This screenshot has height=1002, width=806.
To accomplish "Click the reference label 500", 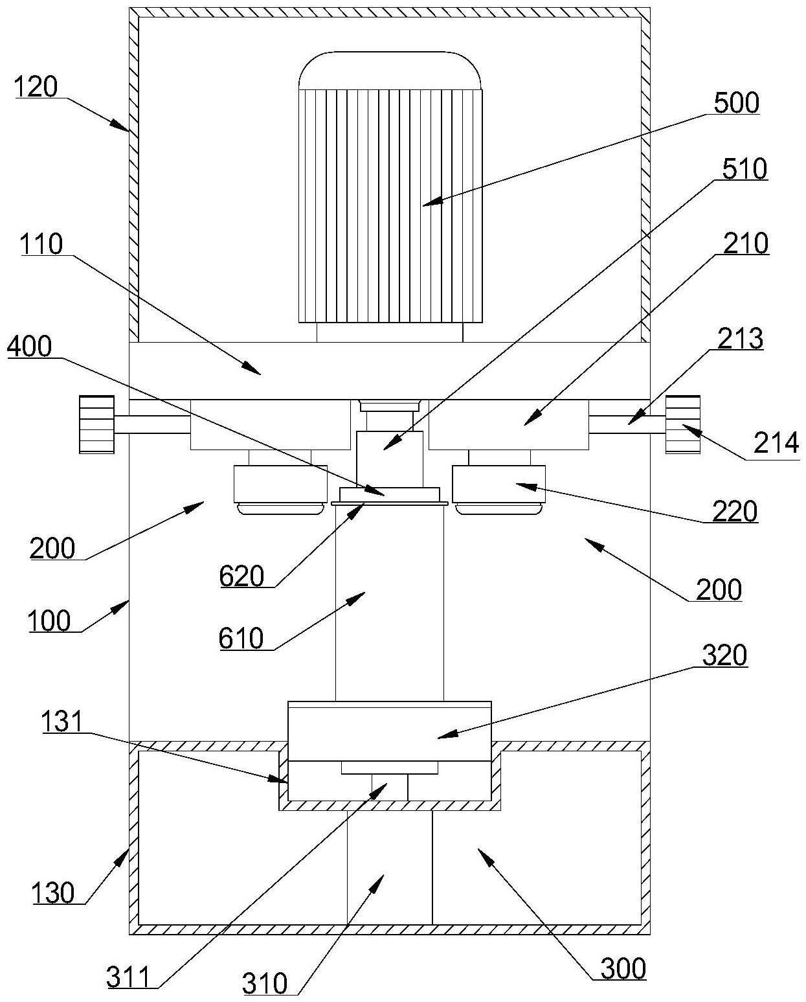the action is coord(736,103).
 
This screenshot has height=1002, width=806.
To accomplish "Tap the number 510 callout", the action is coord(744,170).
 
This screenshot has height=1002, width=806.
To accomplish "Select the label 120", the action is coord(36,87).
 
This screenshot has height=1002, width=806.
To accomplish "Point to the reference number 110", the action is coord(41,244).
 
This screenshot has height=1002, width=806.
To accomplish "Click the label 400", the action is coord(29,347).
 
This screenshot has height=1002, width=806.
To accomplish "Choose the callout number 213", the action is coord(740,339).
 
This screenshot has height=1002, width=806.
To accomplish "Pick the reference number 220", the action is coord(735,511).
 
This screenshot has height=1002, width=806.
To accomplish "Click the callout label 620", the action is coord(241,576).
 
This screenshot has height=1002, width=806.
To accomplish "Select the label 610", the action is coord(241,639).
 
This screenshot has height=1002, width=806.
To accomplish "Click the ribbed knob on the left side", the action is coord(97,424).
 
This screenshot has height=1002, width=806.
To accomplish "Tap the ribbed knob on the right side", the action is coord(683,424).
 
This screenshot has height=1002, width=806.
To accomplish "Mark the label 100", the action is coord(49,621).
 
